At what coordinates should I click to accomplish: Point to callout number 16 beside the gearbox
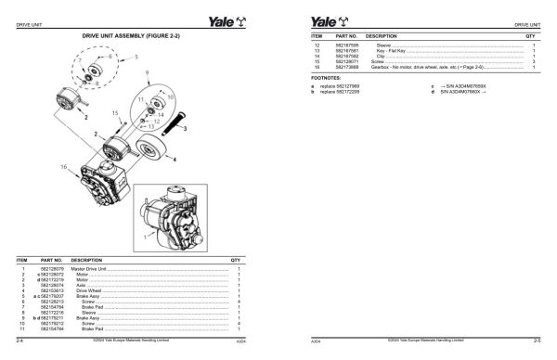tap(64, 167)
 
